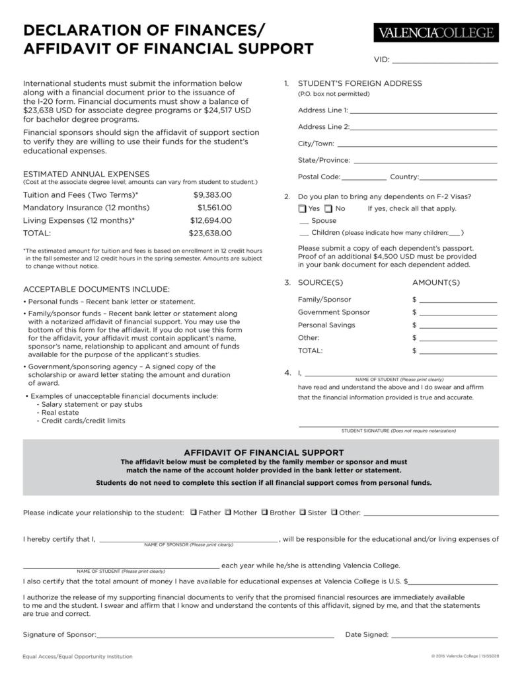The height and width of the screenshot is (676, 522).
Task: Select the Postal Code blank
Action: click(x=364, y=177)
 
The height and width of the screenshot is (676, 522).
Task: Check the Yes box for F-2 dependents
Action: click(x=302, y=209)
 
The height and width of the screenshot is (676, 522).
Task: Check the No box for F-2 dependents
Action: click(x=328, y=209)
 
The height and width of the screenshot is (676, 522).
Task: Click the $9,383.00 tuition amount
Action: click(x=212, y=195)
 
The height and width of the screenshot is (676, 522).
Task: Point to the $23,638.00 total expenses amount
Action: click(x=210, y=233)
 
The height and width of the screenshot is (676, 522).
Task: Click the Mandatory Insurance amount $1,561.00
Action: click(x=214, y=208)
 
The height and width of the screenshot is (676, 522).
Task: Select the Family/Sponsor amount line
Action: click(x=457, y=300)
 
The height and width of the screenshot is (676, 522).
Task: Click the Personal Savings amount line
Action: click(x=457, y=325)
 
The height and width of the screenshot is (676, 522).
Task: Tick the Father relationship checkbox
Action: click(x=193, y=512)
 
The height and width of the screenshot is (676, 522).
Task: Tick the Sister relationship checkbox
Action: click(x=303, y=512)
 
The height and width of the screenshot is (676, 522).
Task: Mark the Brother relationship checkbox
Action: click(x=264, y=512)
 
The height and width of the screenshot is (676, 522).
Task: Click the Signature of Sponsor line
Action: click(x=215, y=635)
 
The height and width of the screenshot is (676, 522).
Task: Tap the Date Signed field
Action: click(x=445, y=635)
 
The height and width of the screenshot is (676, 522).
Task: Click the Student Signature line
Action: click(x=398, y=425)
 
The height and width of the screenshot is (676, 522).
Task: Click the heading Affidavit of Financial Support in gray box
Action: click(x=260, y=452)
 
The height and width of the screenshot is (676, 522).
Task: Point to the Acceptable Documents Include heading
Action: click(x=96, y=289)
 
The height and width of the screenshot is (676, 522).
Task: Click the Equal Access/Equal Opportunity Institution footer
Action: click(x=78, y=657)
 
